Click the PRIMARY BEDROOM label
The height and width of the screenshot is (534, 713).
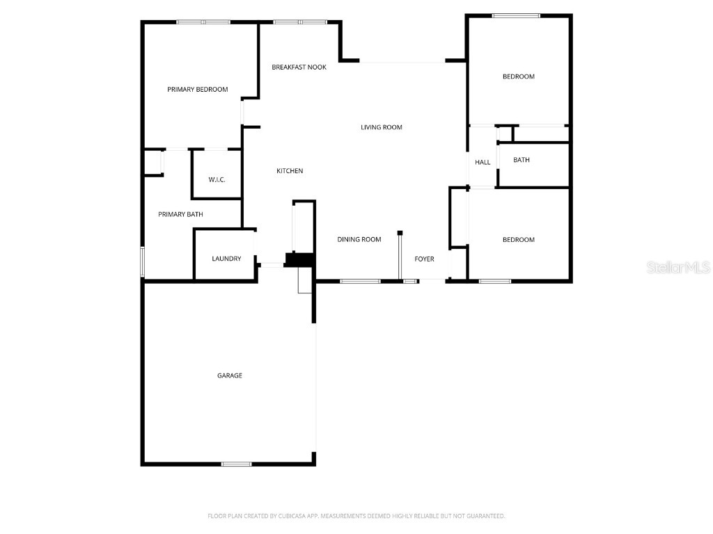[x=198, y=90]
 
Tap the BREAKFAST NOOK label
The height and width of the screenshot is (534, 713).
[x=299, y=67]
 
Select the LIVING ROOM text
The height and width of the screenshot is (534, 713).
[x=382, y=127]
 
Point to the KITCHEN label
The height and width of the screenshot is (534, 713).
[x=290, y=171]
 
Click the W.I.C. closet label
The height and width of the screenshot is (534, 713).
[x=217, y=180]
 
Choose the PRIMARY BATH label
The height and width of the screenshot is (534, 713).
[x=180, y=214]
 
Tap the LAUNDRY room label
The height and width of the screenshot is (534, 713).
[x=226, y=259]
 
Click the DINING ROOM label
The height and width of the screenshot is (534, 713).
[x=359, y=240]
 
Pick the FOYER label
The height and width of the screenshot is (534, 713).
[x=424, y=259]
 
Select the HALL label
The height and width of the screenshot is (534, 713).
[x=483, y=163]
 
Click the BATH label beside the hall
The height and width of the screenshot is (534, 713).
[x=522, y=160]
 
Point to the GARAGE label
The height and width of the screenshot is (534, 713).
[x=230, y=375]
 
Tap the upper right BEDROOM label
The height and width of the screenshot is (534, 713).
[x=519, y=76]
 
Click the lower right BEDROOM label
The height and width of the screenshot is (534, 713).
[x=519, y=240]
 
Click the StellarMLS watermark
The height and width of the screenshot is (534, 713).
[x=678, y=267]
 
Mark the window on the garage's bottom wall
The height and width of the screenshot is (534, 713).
[x=237, y=464]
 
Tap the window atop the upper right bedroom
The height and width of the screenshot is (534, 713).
[x=516, y=15]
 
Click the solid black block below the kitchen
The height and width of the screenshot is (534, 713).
[x=300, y=259]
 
